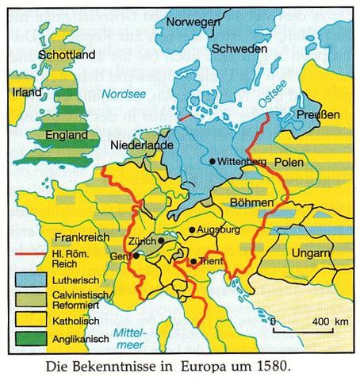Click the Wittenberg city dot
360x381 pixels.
[x=213, y=161]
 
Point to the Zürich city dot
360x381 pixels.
[x=161, y=241]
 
